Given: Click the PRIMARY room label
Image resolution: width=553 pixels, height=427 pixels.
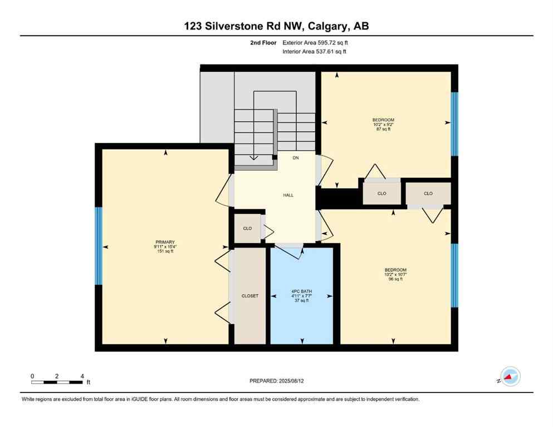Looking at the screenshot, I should [165, 242].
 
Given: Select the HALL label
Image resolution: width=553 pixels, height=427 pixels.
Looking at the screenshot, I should [288, 195].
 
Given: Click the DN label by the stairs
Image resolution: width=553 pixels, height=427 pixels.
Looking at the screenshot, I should [296, 158].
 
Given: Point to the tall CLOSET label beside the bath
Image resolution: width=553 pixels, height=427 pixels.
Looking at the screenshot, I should [249, 296].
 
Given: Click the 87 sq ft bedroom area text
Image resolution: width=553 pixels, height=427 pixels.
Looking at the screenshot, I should [383, 130].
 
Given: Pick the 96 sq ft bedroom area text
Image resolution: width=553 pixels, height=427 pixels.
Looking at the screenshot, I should [395, 279].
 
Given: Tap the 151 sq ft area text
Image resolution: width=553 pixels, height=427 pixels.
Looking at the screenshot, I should [165, 252].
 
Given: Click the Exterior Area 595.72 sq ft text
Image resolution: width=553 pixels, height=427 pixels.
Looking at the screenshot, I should [317, 42].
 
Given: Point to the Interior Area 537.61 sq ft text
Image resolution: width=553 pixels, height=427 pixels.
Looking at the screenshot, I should [316, 52].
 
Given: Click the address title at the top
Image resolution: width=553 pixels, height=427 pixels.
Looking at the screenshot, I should [276, 26].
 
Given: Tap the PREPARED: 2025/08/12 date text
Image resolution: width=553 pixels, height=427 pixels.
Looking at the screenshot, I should [276, 381].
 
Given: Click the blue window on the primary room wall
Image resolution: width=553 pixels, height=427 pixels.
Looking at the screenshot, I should [99, 246].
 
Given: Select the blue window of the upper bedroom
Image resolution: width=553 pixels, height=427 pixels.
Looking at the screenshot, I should [454, 124].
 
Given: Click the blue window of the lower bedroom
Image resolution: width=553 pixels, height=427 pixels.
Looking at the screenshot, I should [454, 275].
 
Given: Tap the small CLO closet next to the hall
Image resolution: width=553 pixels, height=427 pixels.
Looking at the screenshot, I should [247, 229].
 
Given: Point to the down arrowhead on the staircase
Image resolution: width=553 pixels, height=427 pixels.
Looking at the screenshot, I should [254, 158].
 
